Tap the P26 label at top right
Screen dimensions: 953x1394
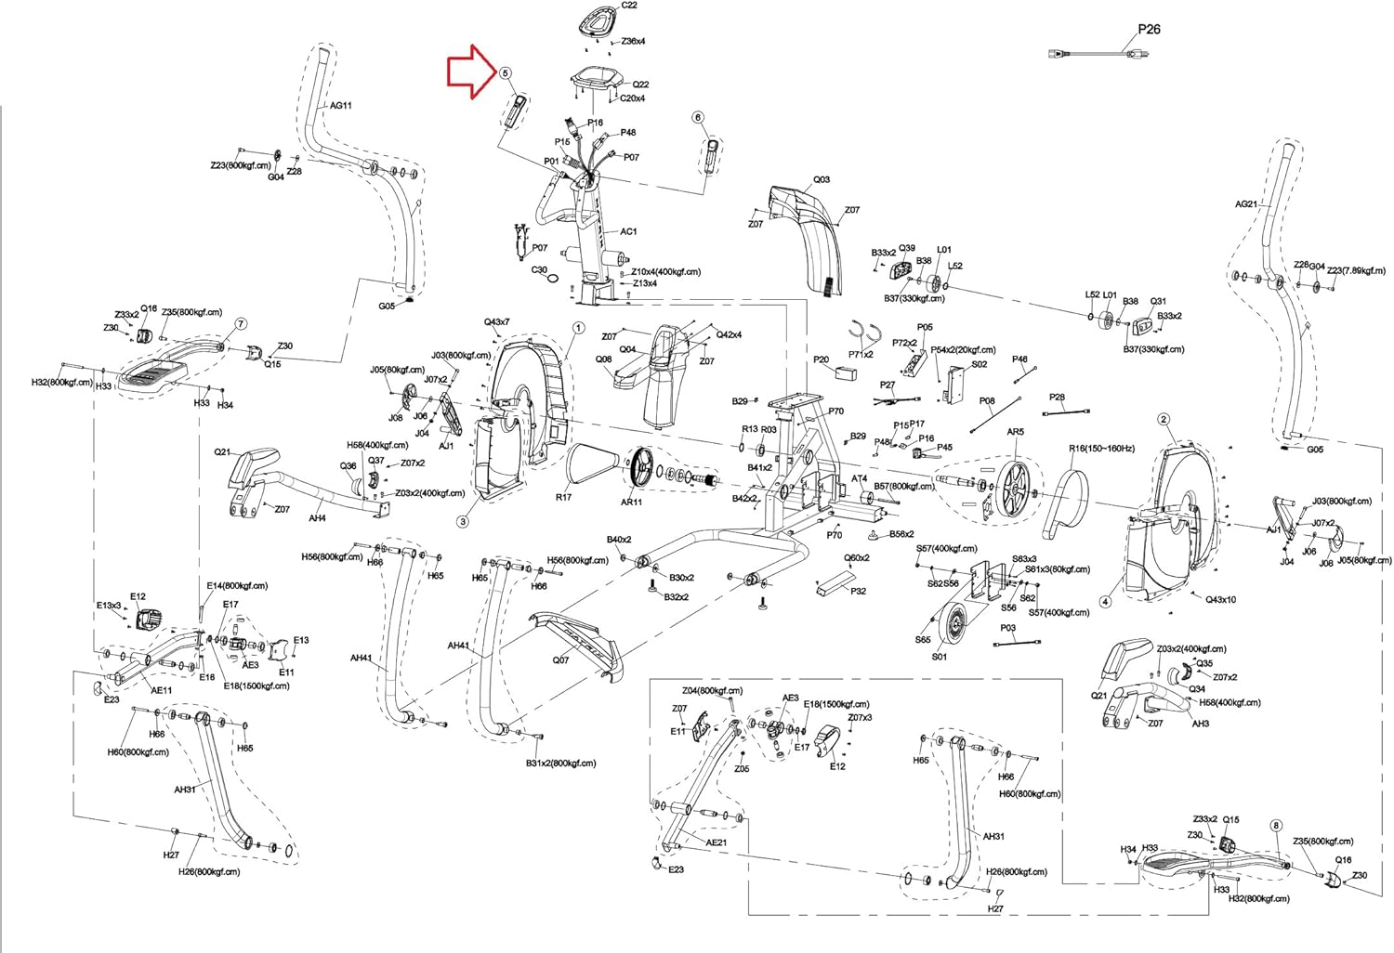[x=1149, y=29]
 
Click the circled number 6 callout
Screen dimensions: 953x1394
[x=698, y=117]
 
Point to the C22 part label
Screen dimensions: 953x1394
[x=629, y=6]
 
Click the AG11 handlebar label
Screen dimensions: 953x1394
[x=341, y=106]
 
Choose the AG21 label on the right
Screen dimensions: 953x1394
[x=1246, y=204]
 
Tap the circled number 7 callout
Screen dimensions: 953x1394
[x=241, y=324]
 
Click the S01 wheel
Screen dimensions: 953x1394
[x=952, y=626]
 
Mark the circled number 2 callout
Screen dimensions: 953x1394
[x=1164, y=419]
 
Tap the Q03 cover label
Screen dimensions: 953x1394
[x=822, y=180]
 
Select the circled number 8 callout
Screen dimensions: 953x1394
[x=1276, y=826]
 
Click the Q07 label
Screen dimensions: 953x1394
[x=560, y=660]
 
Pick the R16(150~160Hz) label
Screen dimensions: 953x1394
[x=1101, y=449]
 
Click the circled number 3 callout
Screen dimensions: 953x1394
[x=463, y=521]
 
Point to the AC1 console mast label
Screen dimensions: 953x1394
[x=629, y=232]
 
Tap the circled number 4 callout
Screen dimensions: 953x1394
[x=1105, y=602]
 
